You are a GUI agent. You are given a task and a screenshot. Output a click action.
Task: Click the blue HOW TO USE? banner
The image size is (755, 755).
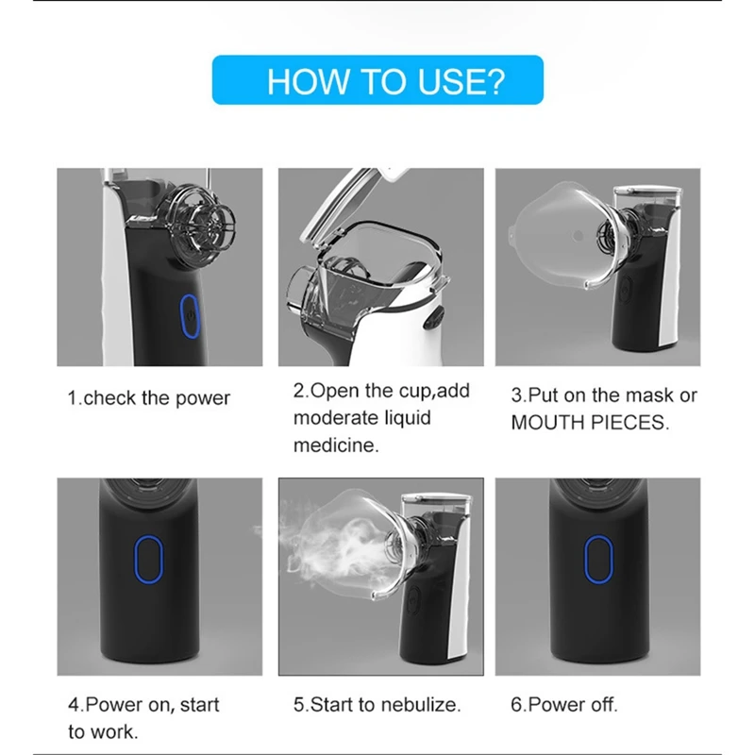(377, 80)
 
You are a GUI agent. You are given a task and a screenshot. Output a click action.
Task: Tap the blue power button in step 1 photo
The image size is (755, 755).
(190, 316)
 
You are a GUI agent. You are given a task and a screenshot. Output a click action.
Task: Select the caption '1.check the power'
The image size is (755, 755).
(149, 398)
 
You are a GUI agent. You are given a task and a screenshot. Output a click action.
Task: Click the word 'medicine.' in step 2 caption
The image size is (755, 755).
(336, 445)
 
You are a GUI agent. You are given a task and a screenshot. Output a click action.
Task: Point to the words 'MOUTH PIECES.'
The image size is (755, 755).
(590, 423)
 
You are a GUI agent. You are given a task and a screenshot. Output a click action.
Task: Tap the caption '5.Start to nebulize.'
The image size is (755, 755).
(377, 705)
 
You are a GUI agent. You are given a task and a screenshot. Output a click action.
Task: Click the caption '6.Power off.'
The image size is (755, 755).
(563, 705)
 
